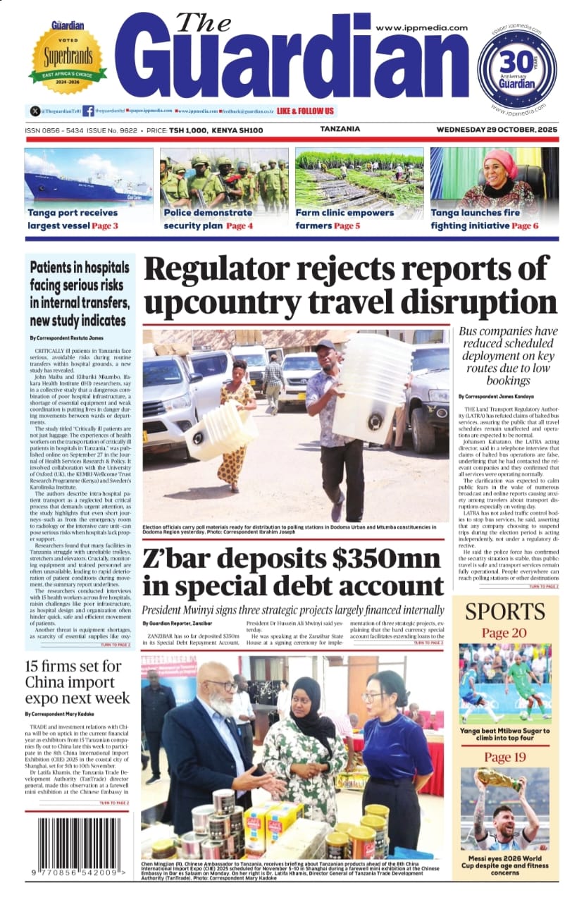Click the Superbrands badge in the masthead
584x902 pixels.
(68, 55)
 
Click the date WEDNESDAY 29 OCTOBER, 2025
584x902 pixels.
(497, 130)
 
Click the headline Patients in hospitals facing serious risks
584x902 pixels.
(79, 294)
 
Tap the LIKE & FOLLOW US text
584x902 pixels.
(306, 111)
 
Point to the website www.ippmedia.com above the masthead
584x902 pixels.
(421, 27)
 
